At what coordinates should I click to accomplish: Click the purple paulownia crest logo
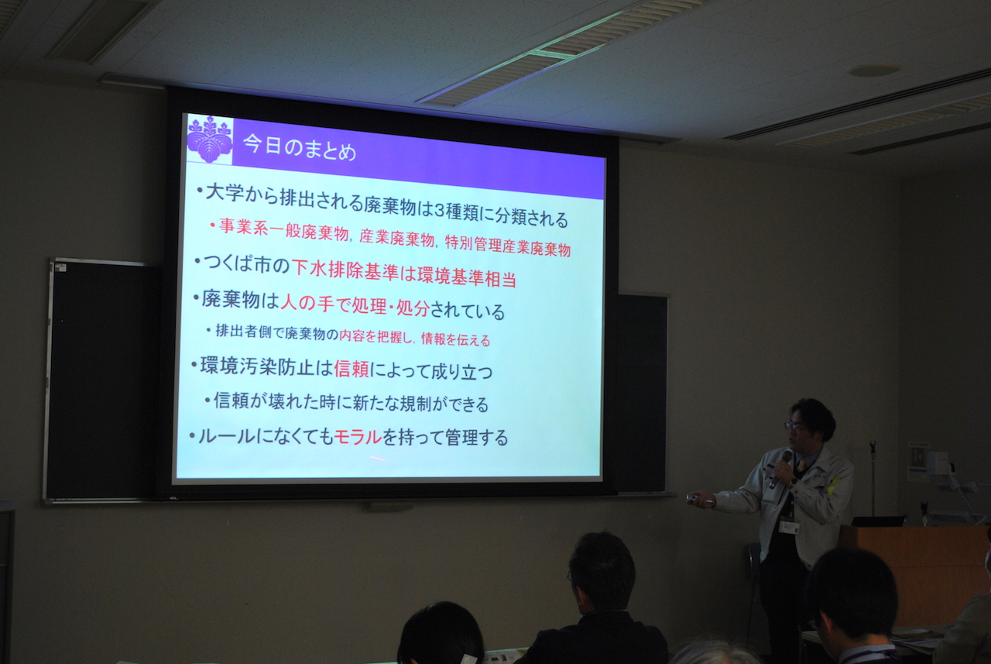pyautogui.click(x=210, y=139)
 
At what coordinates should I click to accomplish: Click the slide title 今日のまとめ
pyautogui.click(x=300, y=148)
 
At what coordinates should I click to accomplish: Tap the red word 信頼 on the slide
pyautogui.click(x=351, y=369)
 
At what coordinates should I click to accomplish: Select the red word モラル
pyautogui.click(x=358, y=437)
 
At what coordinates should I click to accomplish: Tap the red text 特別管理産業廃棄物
pyautogui.click(x=507, y=246)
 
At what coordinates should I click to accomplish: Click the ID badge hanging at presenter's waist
pyautogui.click(x=788, y=527)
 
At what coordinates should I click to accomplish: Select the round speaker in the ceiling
pyautogui.click(x=874, y=71)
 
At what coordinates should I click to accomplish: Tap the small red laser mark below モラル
pyautogui.click(x=377, y=458)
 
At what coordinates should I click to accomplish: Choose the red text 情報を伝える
pyautogui.click(x=456, y=339)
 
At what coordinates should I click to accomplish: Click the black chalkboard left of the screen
pyautogui.click(x=104, y=380)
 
